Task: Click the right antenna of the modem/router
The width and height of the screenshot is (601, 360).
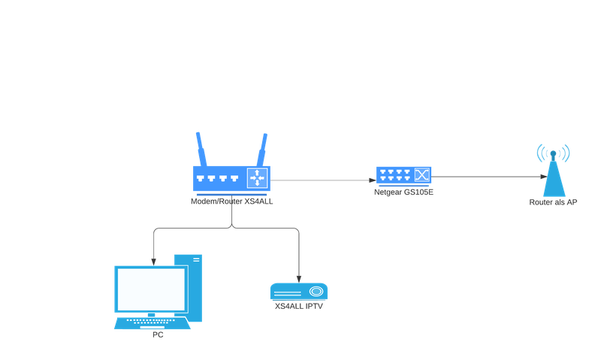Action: [x=263, y=150]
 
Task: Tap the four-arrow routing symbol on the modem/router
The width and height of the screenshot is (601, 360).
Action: [x=258, y=178]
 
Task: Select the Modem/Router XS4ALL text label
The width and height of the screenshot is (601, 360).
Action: [x=231, y=201]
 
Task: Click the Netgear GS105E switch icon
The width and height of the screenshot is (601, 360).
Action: [x=404, y=176]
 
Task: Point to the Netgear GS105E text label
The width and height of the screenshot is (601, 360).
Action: [x=404, y=193]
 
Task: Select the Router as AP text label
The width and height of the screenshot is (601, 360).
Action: [x=554, y=202]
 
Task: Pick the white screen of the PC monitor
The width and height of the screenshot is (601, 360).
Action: [x=151, y=289]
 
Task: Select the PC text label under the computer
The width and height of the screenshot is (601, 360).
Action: [x=157, y=334]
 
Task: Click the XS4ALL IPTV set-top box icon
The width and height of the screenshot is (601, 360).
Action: [x=299, y=291]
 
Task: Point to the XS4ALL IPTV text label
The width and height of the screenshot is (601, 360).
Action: [x=299, y=306]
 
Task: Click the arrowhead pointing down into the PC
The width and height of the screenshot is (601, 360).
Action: [x=154, y=261]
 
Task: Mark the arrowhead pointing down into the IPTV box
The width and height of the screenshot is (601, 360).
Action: [x=300, y=276]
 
